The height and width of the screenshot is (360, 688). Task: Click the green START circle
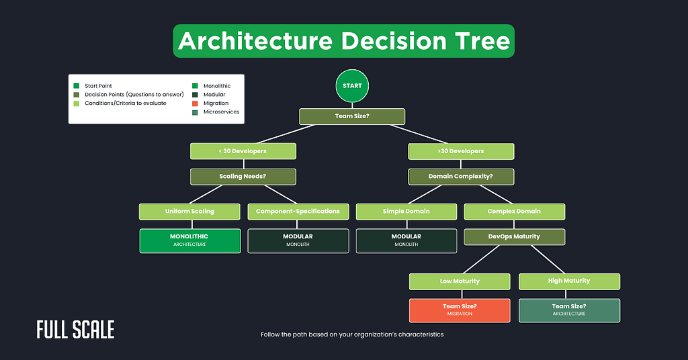coord(352,86)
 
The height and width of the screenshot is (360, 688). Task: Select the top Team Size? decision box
coord(352,116)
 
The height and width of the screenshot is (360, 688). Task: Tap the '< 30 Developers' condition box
coord(243,151)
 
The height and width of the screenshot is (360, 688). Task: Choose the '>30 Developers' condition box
coord(461,151)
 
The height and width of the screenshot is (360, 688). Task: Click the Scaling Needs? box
coord(243,177)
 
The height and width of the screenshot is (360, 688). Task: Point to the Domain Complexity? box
coord(461,177)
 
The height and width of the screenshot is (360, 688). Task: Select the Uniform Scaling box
coord(189,212)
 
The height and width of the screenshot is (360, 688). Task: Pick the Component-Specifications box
coord(298,212)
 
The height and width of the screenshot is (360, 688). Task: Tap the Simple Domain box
coord(406,212)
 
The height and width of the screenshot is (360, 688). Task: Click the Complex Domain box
coord(514,212)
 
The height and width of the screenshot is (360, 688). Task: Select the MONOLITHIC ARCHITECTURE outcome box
coord(189,240)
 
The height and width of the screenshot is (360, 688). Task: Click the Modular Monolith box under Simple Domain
coord(406,240)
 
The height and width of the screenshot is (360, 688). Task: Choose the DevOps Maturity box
coord(514,237)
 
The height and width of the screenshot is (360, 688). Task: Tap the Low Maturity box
coord(460,281)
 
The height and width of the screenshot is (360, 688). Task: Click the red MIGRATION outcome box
coord(460,310)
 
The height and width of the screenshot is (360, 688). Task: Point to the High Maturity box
coord(568,281)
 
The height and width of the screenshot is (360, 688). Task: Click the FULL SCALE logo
coord(75,330)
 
